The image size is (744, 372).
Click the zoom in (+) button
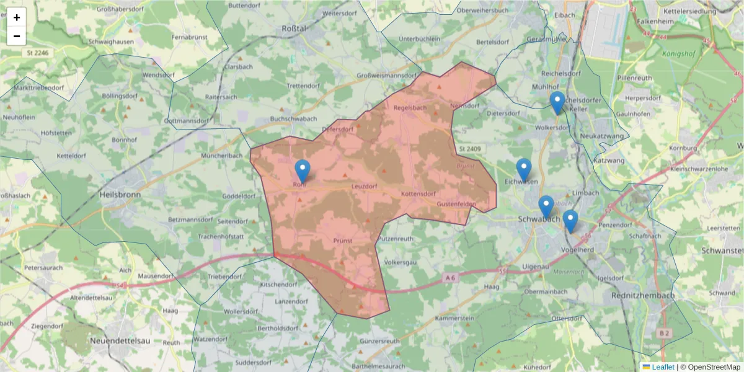coord(17,17)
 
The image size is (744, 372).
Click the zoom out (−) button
coord(17,36)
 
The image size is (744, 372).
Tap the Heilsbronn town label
coord(120,194)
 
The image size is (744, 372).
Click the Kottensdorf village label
coord(418,194)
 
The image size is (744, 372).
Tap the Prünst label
coord(343,241)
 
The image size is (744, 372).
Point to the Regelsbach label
coord(410,107)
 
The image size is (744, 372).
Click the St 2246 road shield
coord(37,53)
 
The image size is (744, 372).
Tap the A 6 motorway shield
coord(450,280)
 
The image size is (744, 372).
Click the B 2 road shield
coord(665,334)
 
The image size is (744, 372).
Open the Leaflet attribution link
coord(663,367)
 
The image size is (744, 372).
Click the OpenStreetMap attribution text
coord(710,367)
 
